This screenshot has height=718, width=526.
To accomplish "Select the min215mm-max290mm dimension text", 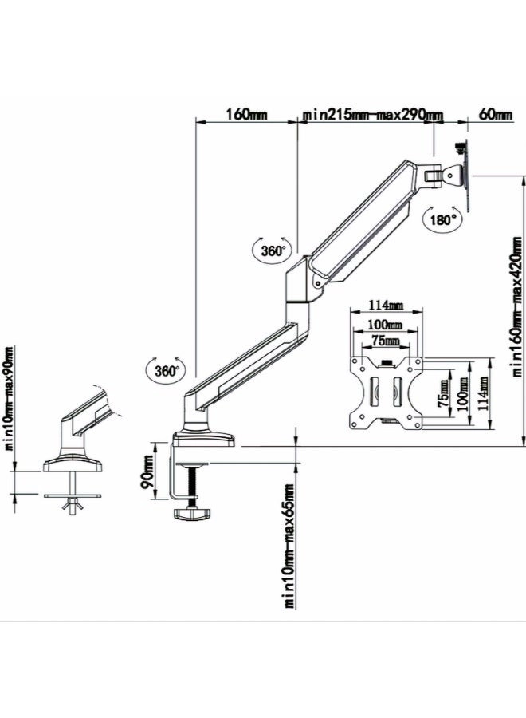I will point(372,115).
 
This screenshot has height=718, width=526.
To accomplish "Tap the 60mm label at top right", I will point(495,115).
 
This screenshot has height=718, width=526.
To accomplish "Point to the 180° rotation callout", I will point(441,219).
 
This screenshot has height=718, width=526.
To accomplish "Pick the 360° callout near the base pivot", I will point(166,370).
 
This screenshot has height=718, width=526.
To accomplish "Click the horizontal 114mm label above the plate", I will point(386,306).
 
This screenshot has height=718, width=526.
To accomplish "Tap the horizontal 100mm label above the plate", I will point(386,325).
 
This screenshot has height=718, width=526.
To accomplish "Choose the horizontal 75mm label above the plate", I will point(386,341).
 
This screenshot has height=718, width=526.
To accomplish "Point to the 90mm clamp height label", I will point(149,476).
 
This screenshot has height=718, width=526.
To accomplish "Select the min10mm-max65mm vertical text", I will point(289,545).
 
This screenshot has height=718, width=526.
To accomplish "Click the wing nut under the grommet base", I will point(73,504).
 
